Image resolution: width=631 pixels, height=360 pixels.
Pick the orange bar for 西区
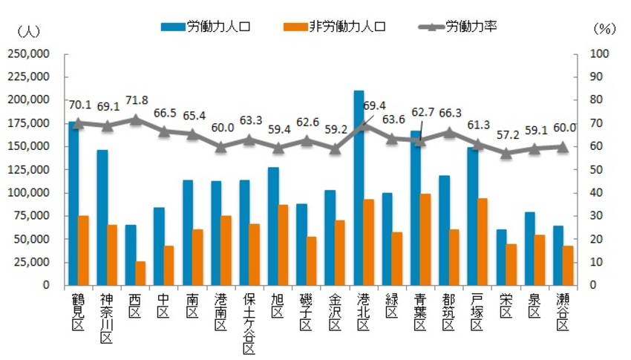(x=140, y=272)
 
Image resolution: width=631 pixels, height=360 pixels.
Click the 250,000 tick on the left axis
(x=27, y=53)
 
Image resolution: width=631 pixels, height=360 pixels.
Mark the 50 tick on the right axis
(x=598, y=169)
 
